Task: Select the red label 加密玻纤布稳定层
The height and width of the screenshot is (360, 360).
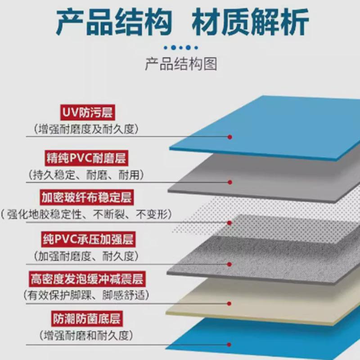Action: [x=86, y=198]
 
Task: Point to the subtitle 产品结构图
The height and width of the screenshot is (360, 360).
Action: [x=180, y=64]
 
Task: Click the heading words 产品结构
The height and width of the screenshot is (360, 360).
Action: [x=114, y=22]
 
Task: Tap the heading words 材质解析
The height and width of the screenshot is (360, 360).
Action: [x=251, y=22]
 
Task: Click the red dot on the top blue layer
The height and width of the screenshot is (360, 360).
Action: [x=230, y=136]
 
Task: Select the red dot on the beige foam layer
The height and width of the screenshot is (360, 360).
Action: [x=230, y=303]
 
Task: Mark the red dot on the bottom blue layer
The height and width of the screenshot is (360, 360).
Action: [x=230, y=345]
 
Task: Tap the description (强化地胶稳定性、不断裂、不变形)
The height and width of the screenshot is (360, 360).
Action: [x=87, y=215]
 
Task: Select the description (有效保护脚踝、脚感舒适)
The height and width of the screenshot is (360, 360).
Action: [x=86, y=296]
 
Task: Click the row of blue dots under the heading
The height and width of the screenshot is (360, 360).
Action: [x=180, y=47]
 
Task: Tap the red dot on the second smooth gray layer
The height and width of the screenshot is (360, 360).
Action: [x=230, y=182]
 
